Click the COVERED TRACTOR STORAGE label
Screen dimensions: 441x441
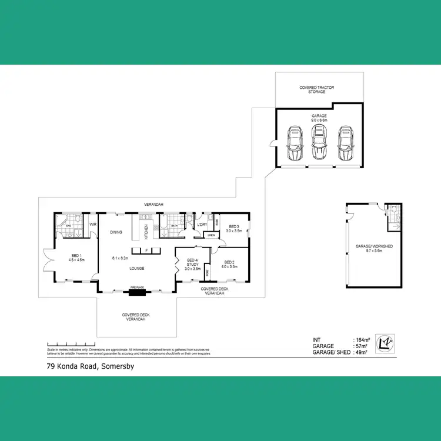click(x=317, y=89)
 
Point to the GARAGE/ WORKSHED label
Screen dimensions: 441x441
click(x=374, y=246)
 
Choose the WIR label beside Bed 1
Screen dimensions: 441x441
click(x=92, y=225)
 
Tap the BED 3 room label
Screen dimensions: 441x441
click(x=234, y=226)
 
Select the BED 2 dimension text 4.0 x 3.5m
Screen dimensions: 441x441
click(x=229, y=266)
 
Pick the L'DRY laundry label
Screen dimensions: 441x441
click(x=202, y=225)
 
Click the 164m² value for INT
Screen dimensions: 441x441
click(x=362, y=340)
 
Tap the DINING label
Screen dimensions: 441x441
click(x=116, y=232)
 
